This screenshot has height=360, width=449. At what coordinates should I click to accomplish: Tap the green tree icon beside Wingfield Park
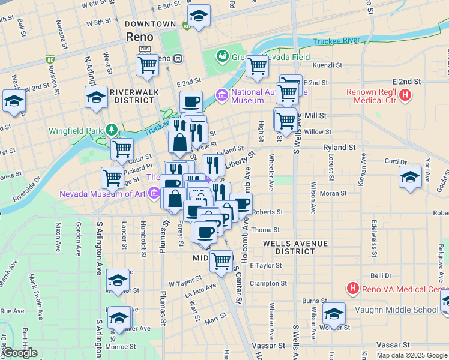click(111, 129)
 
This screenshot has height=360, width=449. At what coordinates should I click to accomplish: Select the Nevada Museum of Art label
click(102, 193)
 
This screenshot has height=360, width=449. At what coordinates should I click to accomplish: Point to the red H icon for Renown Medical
click(406, 94)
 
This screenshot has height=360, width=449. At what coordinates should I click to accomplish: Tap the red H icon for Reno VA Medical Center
click(353, 289)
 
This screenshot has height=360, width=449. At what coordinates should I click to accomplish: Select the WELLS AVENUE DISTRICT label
click(296, 247)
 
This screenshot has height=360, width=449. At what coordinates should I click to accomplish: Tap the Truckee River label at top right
click(336, 41)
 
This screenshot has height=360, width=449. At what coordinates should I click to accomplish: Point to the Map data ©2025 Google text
click(412, 355)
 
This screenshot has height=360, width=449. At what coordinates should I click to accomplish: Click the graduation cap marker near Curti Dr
click(410, 176)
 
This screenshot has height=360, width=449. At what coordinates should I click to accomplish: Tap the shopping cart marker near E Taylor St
click(221, 260)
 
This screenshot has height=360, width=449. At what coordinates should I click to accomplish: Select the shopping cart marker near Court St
click(122, 148)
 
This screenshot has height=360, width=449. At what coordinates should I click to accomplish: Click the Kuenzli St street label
click(327, 65)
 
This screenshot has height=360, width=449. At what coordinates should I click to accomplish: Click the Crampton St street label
click(265, 283)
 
